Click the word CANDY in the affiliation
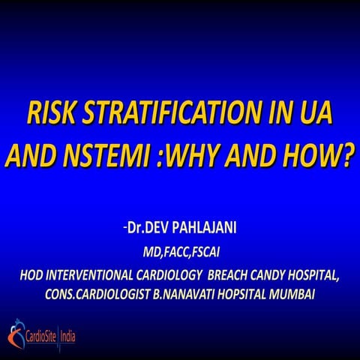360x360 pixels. [274, 274]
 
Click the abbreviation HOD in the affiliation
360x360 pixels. [35, 274]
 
